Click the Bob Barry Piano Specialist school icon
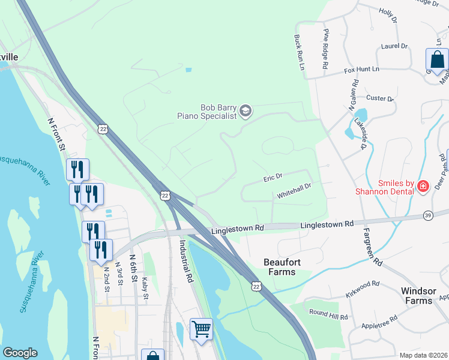245,110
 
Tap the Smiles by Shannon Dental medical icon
423,187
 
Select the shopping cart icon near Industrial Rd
201,329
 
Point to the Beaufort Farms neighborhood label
280,267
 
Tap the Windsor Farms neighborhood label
417,295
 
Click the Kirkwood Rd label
363,287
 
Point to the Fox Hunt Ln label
362,70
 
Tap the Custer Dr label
379,98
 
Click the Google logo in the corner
20,353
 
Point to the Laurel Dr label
394,46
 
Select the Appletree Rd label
379,323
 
